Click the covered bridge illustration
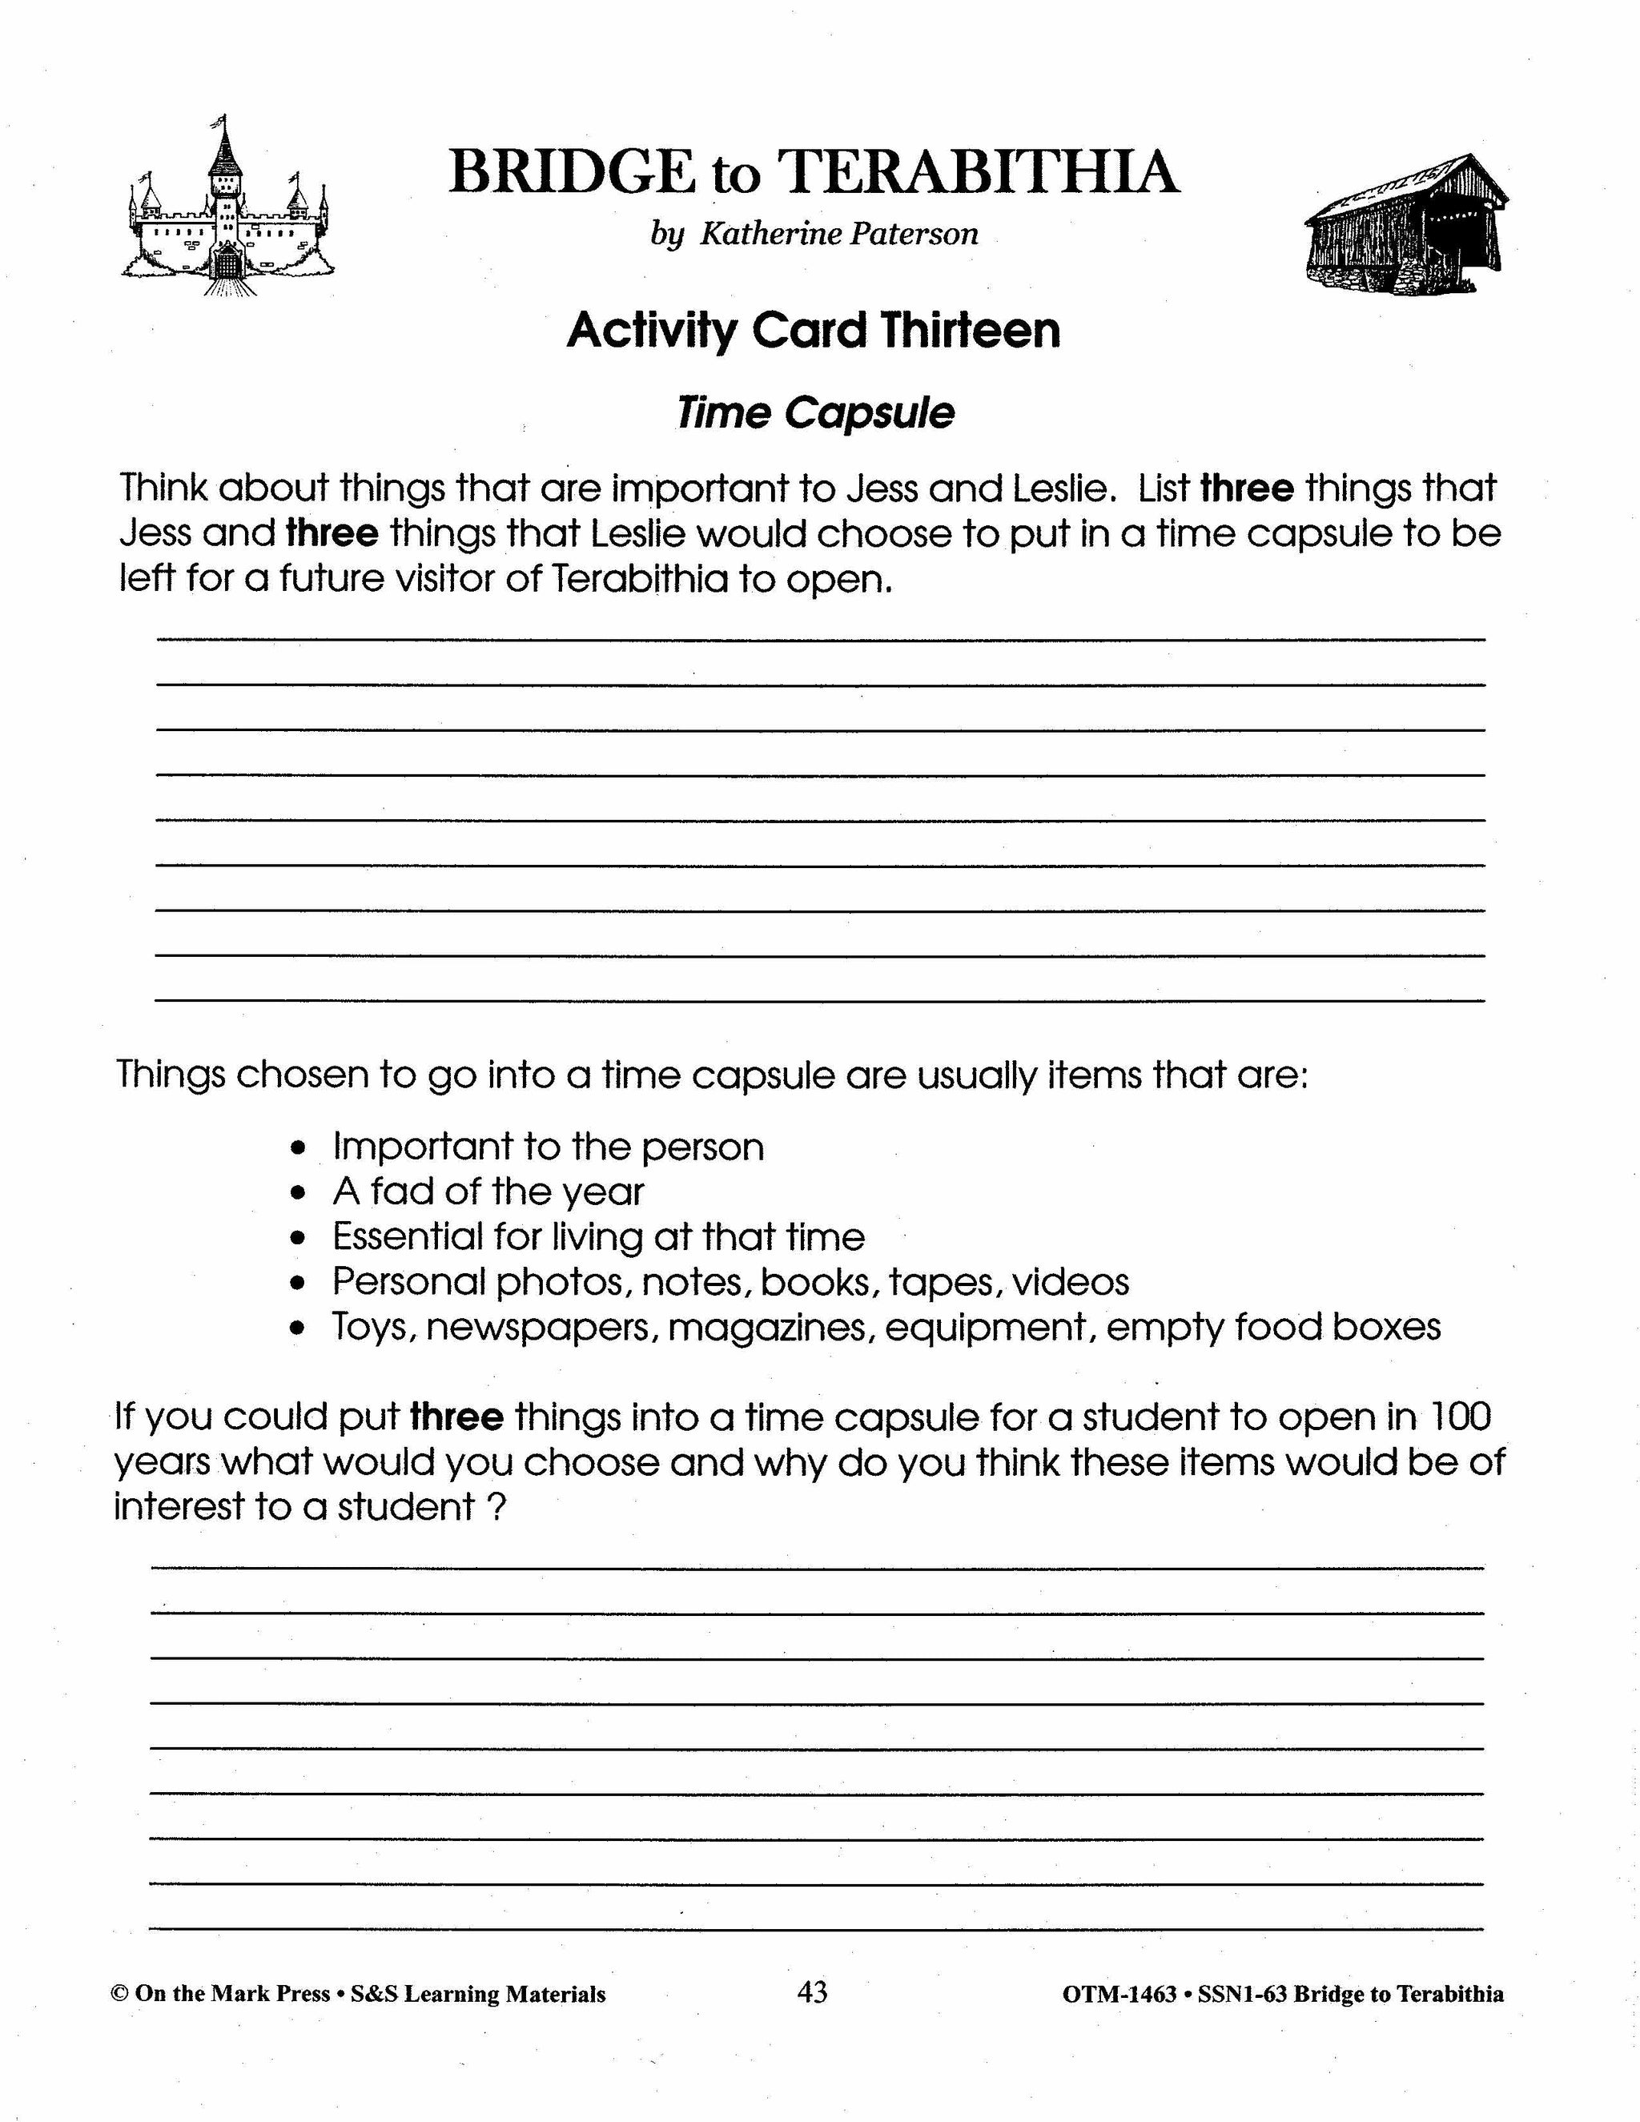coord(1404,226)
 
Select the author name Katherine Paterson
coord(839,234)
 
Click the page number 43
coord(812,1991)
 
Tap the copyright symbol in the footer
coord(120,1994)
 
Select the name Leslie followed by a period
coord(1063,488)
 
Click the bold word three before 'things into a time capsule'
coord(456,1417)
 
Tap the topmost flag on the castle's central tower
coord(222,123)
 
